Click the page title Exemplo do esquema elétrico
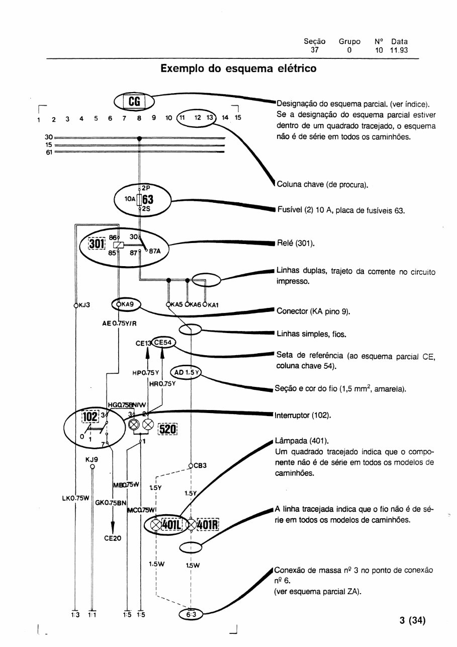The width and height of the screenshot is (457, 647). tap(238, 68)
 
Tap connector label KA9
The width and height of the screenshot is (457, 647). tap(127, 304)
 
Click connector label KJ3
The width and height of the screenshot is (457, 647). tap(83, 305)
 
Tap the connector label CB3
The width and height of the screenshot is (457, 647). tap(200, 465)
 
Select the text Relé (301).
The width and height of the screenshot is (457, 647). tap(296, 244)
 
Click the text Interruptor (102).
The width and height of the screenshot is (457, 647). tap(301, 416)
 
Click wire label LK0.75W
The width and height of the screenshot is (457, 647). tap(72, 498)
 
